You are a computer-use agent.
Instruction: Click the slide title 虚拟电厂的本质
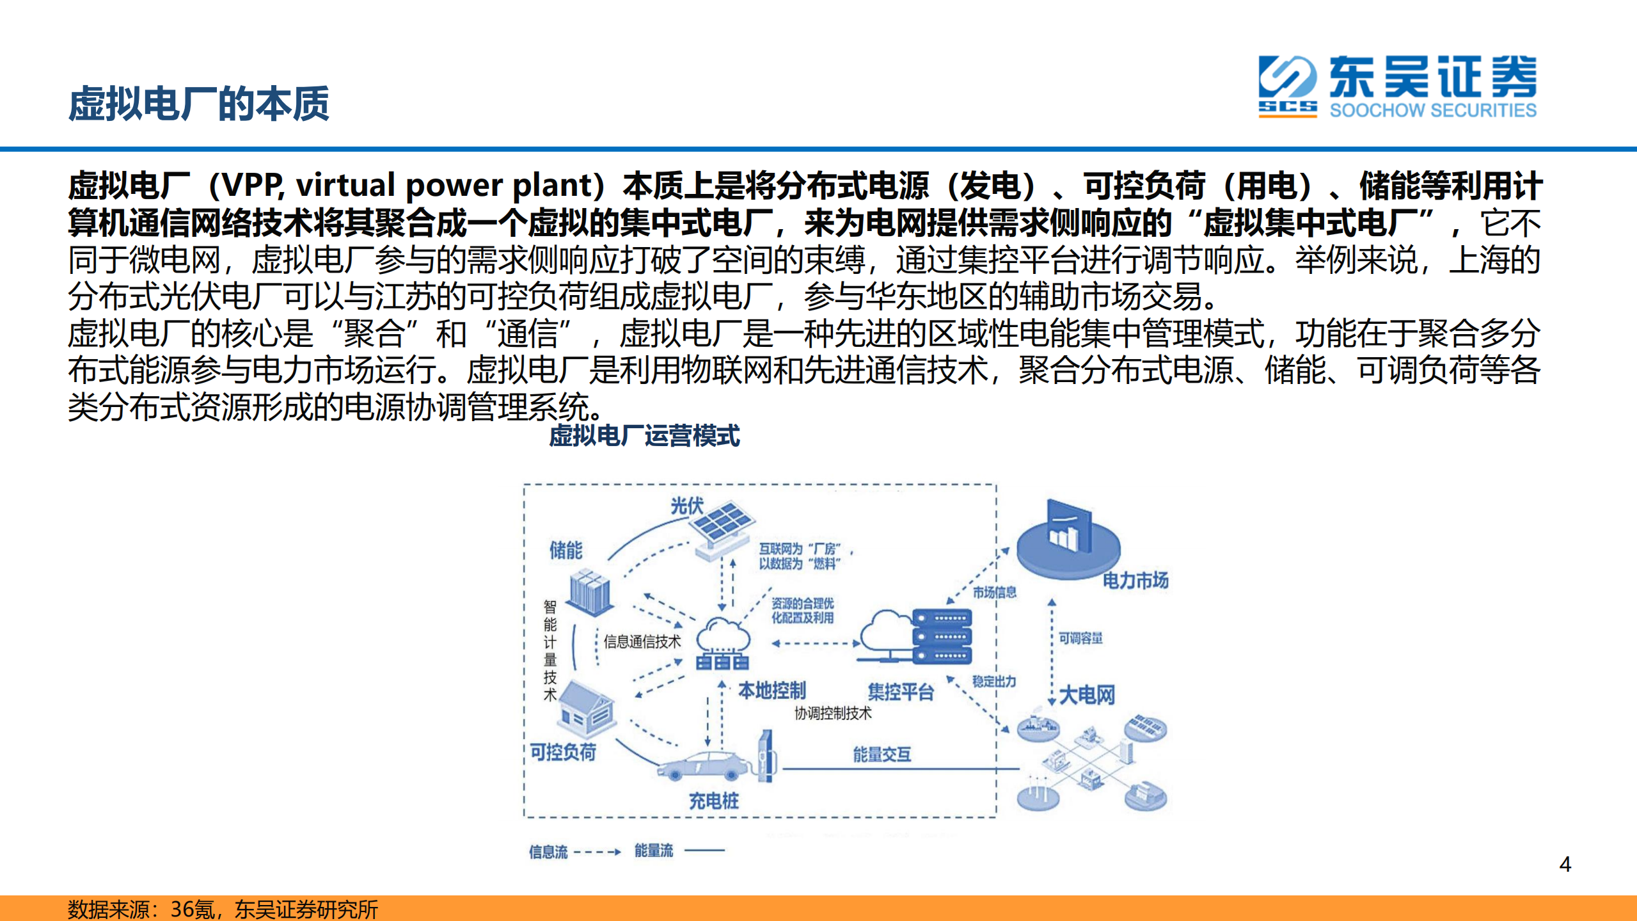(198, 104)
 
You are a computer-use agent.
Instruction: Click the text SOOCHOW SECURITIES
(1432, 111)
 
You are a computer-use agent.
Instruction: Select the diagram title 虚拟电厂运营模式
(644, 436)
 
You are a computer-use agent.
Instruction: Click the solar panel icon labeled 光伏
(722, 529)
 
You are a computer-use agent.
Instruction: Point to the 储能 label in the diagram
(565, 550)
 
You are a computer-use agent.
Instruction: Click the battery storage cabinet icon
(590, 593)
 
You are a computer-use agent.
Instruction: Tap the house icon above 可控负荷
(586, 707)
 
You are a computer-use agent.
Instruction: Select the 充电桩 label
(713, 801)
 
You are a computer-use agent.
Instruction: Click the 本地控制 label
(771, 691)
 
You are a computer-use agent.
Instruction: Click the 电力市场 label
(1135, 581)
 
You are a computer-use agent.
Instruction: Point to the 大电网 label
(1087, 694)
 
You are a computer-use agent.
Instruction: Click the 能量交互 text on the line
(882, 755)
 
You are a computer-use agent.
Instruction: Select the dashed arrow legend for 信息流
(597, 852)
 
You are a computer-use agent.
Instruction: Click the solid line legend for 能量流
(704, 851)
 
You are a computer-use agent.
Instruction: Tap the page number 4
(1565, 865)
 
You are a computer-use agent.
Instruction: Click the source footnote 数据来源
(222, 909)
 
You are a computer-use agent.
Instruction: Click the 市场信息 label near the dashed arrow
(994, 593)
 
